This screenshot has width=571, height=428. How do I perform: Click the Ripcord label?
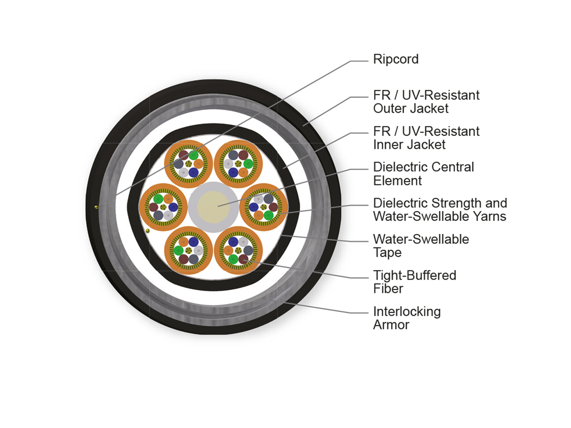(396, 59)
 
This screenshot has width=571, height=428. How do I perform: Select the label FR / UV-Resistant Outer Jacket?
(426, 102)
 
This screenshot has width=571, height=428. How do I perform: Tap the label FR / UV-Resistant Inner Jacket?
(426, 138)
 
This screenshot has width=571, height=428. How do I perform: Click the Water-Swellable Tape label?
(421, 246)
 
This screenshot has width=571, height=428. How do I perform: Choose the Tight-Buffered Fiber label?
(414, 282)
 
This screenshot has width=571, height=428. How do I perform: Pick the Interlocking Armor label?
(407, 318)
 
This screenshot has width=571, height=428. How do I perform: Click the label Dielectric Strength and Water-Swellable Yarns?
(440, 210)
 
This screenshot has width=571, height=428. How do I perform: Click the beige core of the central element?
(213, 207)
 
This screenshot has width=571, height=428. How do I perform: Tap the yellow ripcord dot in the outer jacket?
(97, 207)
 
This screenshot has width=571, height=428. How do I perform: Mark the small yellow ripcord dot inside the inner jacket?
(148, 231)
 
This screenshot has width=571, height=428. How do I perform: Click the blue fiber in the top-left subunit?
(194, 172)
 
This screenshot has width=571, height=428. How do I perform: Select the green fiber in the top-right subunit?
(248, 164)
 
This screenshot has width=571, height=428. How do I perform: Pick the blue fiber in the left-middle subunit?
(173, 207)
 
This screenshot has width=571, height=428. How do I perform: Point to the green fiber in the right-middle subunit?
(268, 215)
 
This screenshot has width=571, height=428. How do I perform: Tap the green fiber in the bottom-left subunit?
(179, 251)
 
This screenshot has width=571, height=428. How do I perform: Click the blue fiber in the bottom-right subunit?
(233, 242)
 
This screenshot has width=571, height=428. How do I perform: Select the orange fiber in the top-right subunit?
(243, 172)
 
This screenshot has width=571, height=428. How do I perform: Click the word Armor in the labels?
(391, 325)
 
